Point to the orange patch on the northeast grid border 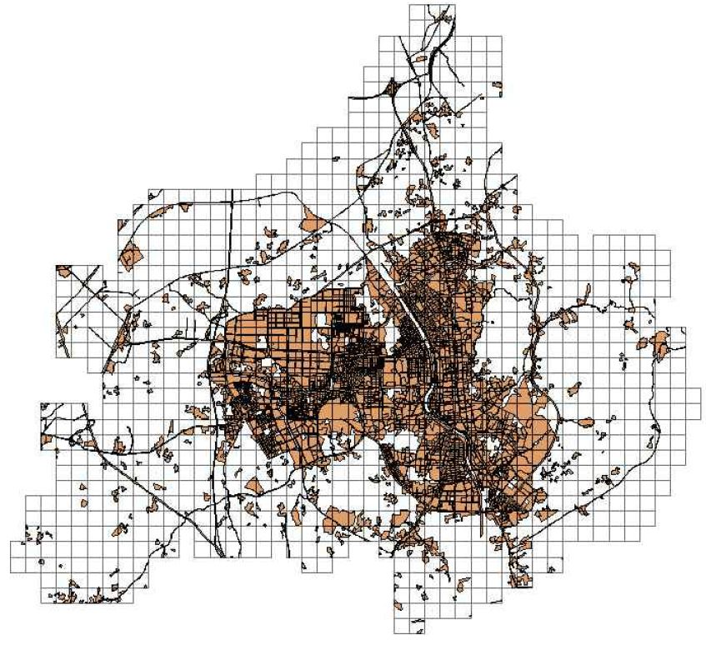(x=497, y=86)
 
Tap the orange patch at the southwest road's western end (x=47, y=437)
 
